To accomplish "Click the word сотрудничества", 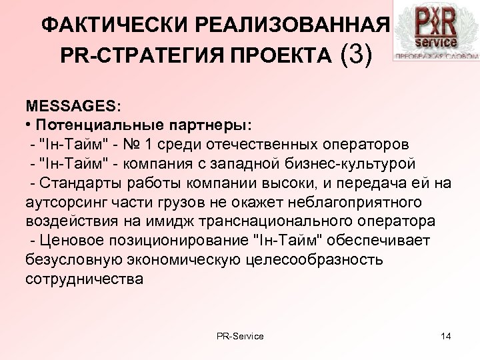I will [x=84, y=277].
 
